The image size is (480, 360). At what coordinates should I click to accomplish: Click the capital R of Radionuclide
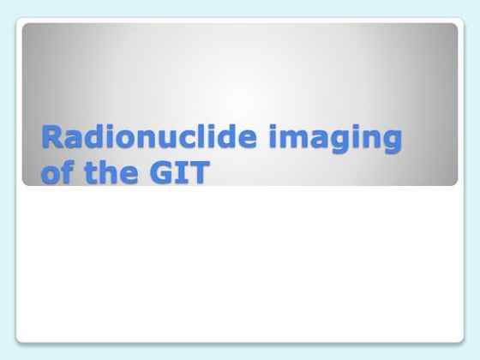52,137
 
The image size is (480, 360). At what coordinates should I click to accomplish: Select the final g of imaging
391,141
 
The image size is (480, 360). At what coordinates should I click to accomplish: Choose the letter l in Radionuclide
206,136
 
